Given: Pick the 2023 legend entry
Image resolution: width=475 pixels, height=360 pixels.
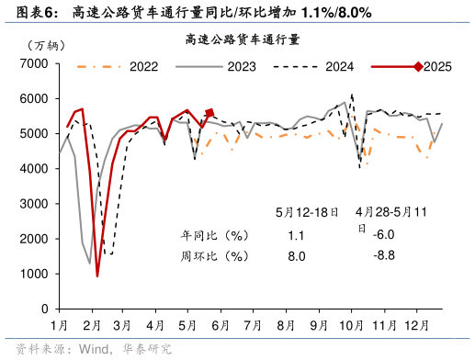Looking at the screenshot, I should [242, 67].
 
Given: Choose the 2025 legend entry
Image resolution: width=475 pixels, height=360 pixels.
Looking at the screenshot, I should [436, 67].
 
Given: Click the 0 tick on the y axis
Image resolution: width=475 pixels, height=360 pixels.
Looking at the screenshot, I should [44, 309].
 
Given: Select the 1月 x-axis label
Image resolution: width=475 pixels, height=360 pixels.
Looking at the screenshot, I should [61, 325].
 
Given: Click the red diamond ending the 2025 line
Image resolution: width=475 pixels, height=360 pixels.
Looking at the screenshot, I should [209, 113].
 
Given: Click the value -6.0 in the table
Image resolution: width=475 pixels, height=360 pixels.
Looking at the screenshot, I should [384, 234].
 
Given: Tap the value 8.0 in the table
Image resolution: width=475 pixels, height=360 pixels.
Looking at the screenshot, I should [296, 256].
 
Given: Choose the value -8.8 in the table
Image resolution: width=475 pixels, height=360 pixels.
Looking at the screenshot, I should [384, 255].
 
